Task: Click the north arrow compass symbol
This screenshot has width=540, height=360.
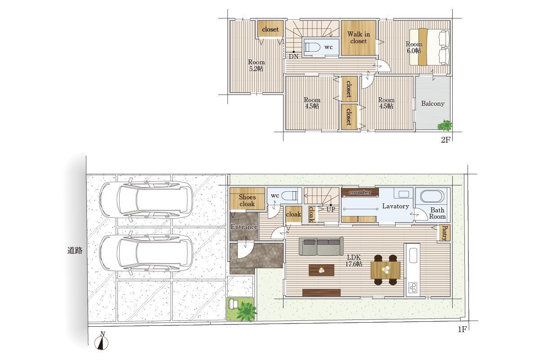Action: [x=102, y=341]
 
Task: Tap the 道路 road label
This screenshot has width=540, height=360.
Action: [x=75, y=251]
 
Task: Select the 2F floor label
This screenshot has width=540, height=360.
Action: [x=446, y=140]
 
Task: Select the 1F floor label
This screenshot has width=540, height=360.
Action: [x=462, y=329]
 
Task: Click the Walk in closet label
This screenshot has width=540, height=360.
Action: [x=359, y=38]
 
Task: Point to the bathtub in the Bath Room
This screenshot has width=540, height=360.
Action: [x=432, y=197]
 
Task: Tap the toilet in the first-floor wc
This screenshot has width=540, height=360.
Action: [x=289, y=195]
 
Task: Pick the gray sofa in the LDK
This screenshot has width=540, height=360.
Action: [x=321, y=246]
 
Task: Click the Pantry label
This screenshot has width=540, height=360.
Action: [x=444, y=233]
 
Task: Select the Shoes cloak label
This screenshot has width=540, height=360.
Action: [x=247, y=200]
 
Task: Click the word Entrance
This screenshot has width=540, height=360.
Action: [x=244, y=227]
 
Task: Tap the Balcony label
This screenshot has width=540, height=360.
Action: [x=433, y=103]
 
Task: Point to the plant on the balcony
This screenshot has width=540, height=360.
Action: [x=445, y=126]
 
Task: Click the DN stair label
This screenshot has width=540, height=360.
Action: [x=293, y=57]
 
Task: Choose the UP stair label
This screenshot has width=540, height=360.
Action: [x=331, y=210]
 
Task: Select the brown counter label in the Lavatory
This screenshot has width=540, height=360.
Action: [x=360, y=192]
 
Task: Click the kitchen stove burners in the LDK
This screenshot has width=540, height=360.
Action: [x=413, y=288]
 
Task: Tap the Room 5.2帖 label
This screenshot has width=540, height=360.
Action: [x=256, y=66]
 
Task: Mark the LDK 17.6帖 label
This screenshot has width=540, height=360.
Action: [x=354, y=261]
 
